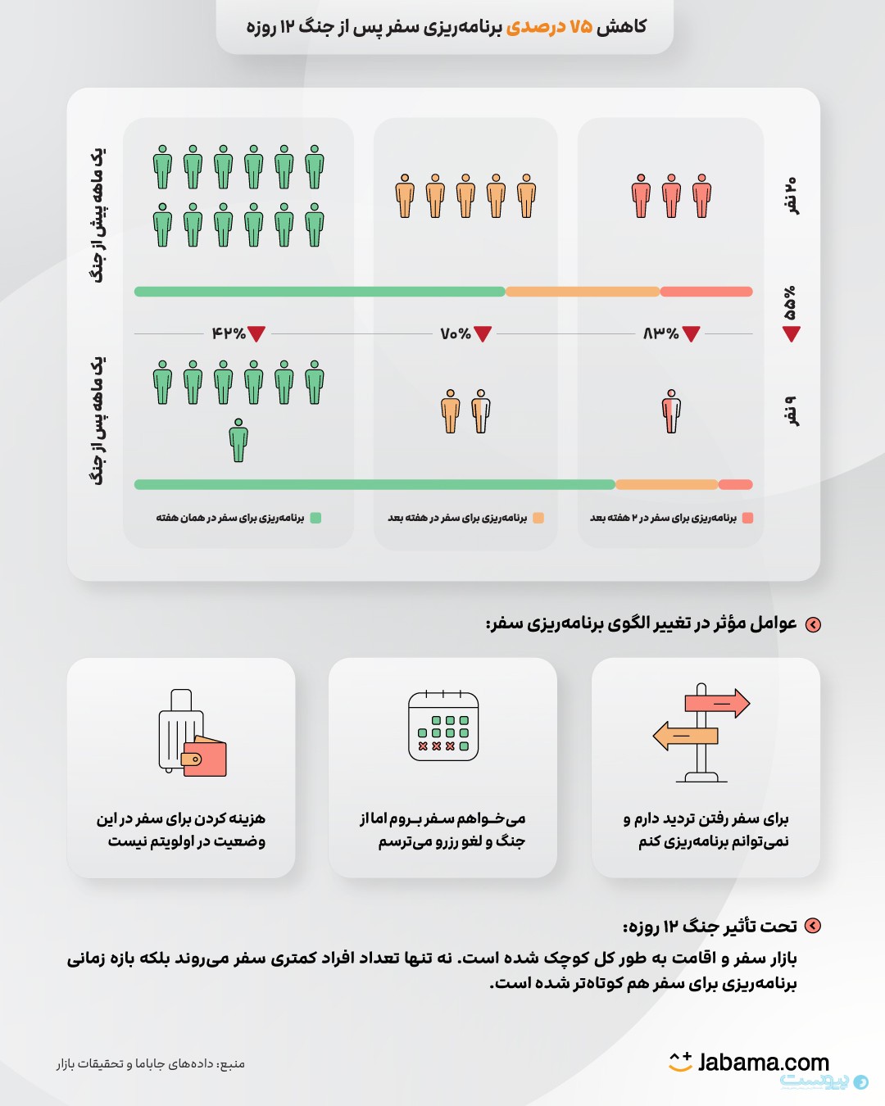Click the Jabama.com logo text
(x=762, y=1063)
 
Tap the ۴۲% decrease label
(x=229, y=333)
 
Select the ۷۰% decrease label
(x=456, y=333)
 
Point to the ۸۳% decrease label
(x=661, y=333)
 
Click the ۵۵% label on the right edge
(x=790, y=303)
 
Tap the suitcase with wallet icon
(x=191, y=733)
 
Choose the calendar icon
(x=443, y=727)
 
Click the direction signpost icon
(x=701, y=732)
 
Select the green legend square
(x=316, y=518)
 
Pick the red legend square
(x=747, y=518)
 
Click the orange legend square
(x=538, y=518)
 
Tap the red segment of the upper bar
(x=706, y=292)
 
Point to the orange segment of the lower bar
(x=666, y=484)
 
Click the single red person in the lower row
(x=671, y=411)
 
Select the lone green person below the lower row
(x=238, y=440)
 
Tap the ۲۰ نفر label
(x=790, y=195)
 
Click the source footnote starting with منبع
(x=151, y=1063)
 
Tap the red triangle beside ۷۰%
(x=483, y=333)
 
